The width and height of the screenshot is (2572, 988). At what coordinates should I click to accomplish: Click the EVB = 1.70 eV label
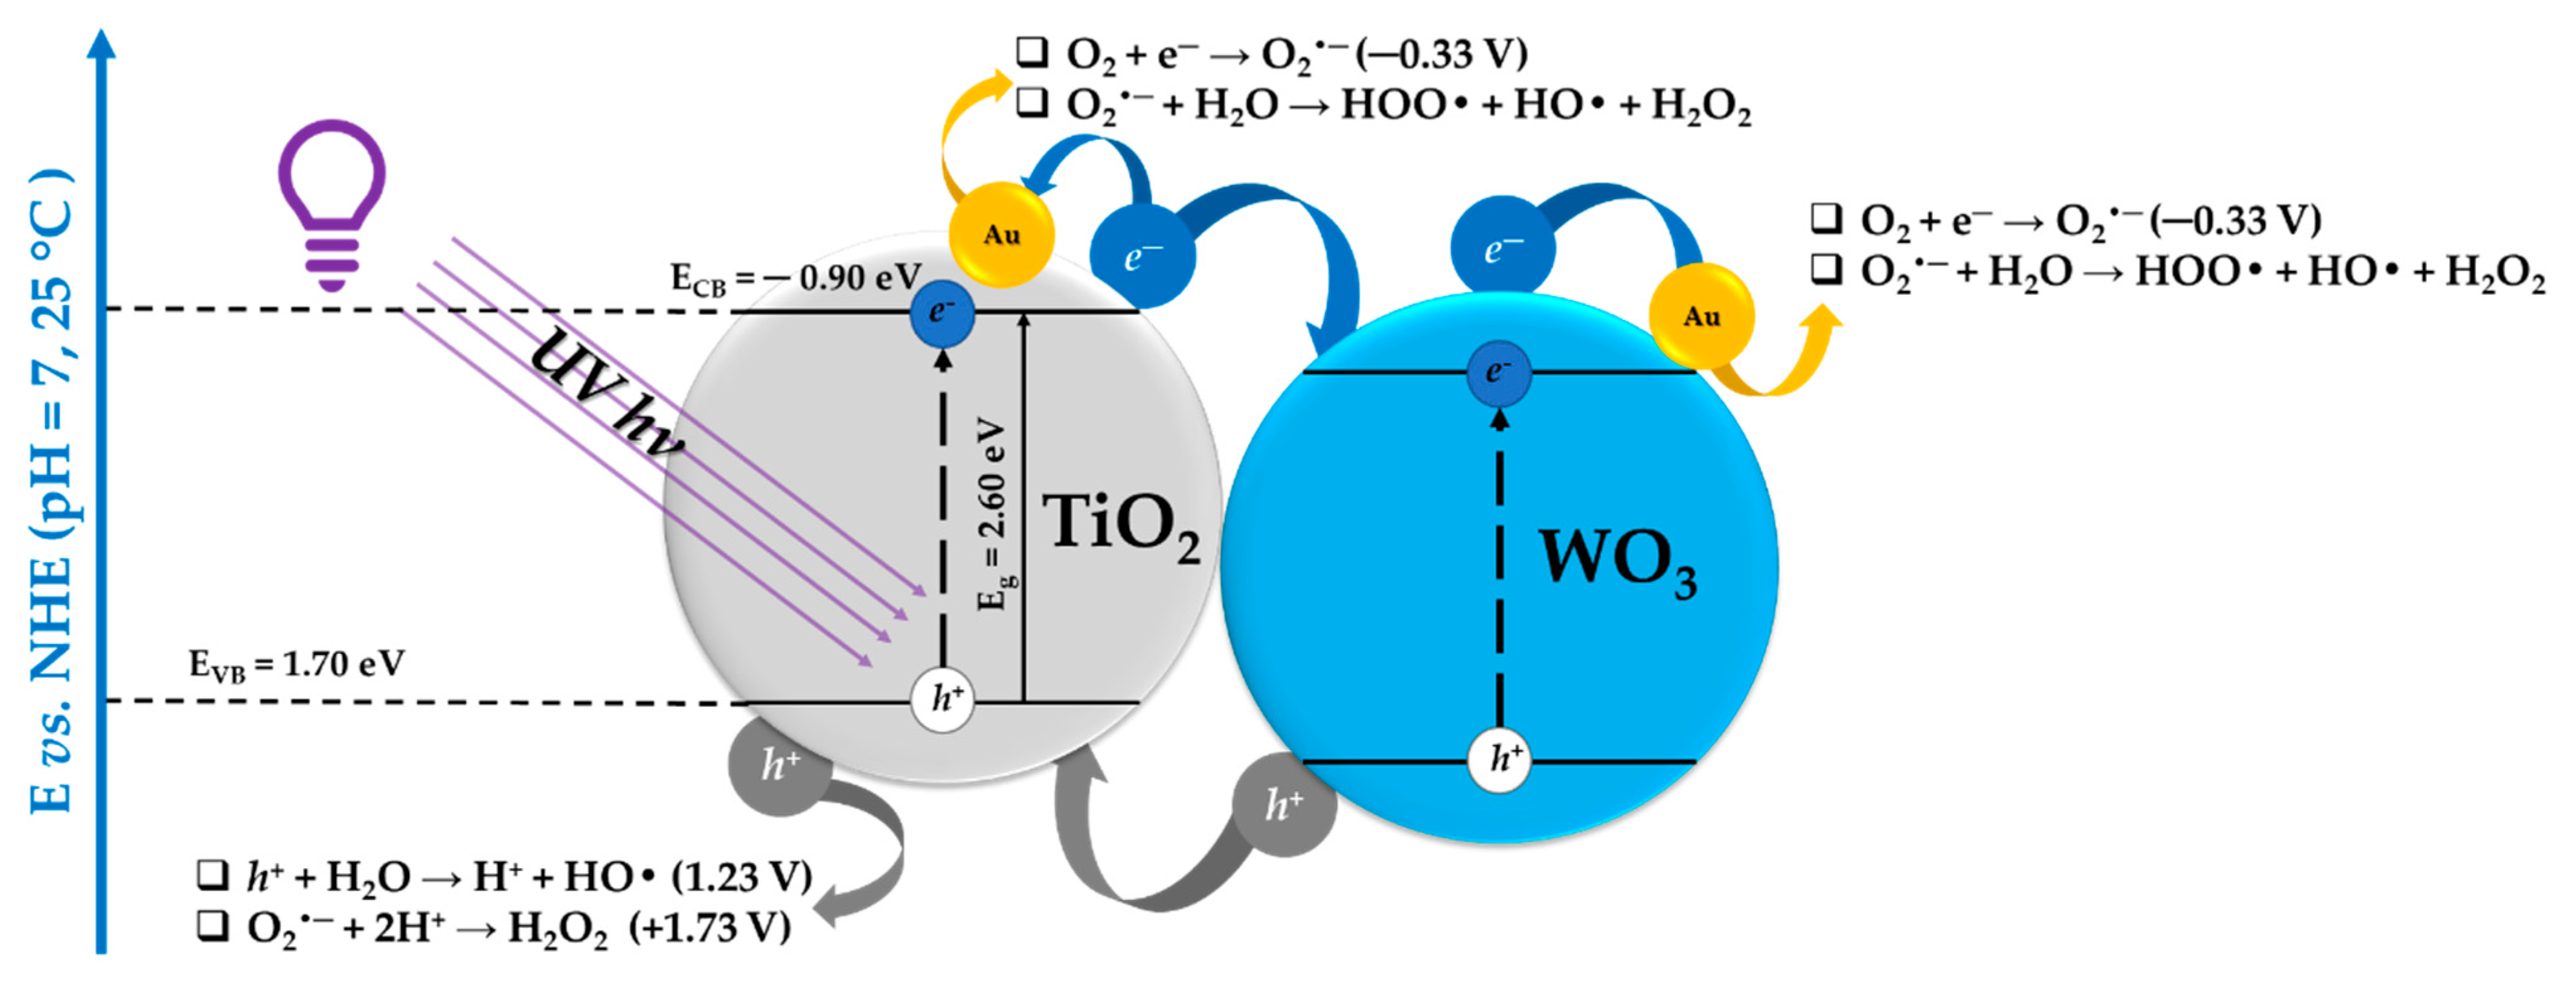296,663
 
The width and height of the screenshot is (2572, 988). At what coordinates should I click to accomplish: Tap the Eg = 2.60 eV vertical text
992,514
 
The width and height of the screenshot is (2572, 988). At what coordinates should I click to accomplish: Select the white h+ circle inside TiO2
942,699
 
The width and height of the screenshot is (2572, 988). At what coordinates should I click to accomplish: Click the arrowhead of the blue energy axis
101,42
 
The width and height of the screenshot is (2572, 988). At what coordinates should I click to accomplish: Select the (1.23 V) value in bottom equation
741,877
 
